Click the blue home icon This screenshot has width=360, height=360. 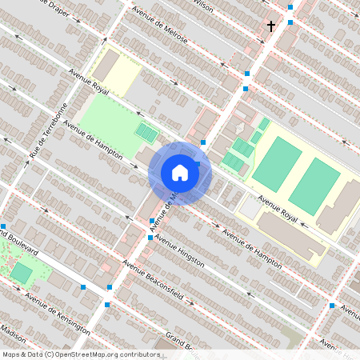click(180, 172)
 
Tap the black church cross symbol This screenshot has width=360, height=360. click(270, 26)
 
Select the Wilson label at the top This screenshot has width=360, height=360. click(203, 6)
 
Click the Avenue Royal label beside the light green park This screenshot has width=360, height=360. click(89, 83)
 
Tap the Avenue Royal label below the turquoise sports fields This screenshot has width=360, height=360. click(277, 208)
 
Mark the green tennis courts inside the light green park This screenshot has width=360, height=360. click(146, 130)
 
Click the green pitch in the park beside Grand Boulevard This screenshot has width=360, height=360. click(22, 273)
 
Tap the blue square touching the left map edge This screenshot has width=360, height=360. click(3, 226)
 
